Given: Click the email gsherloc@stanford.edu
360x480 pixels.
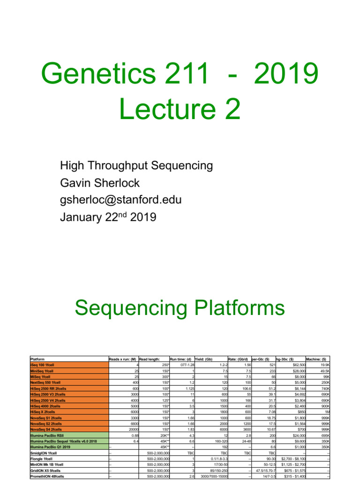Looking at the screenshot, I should tap(120, 200).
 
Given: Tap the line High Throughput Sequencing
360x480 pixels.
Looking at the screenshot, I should tap(136, 165).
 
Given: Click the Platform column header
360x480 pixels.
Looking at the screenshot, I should tap(37, 359).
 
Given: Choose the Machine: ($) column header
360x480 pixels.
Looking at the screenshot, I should tap(316, 359).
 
